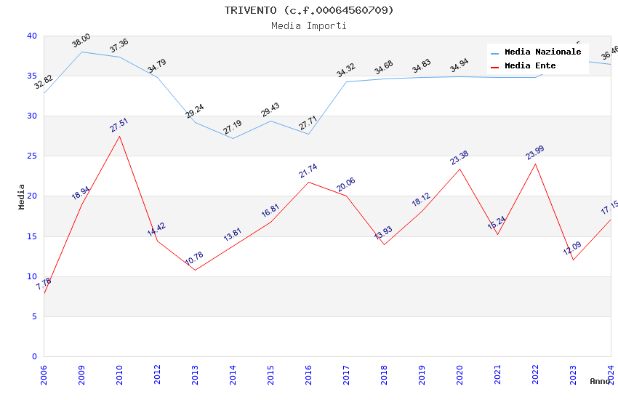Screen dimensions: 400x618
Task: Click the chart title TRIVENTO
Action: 308,10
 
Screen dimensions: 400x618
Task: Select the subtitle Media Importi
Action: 308,25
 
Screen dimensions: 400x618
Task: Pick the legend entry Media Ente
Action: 530,66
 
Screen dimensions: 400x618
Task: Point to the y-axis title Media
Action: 22,196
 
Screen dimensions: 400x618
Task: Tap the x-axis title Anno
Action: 600,381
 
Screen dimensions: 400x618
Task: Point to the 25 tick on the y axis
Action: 32,156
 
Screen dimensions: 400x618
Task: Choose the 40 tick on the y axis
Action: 32,36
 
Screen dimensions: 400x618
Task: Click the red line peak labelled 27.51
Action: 119,136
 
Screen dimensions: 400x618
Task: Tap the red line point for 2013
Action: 195,270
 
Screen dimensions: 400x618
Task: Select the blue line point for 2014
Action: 233,138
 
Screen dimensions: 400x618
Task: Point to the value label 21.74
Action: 308,171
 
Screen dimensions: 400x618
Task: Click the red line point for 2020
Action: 460,169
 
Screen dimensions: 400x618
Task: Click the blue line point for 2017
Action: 346,81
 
